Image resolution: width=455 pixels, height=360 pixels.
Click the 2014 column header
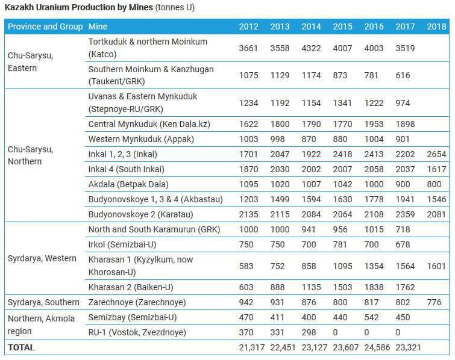click(x=311, y=26)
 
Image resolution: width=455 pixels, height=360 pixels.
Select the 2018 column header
click(x=436, y=26)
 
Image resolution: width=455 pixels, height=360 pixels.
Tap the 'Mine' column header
click(x=98, y=26)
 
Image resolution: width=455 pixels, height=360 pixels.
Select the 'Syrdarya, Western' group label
click(x=42, y=258)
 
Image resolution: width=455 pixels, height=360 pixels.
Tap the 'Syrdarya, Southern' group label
click(x=43, y=302)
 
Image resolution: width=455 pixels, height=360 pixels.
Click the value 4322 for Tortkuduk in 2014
click(x=311, y=48)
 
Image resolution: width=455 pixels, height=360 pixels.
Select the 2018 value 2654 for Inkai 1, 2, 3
click(x=436, y=154)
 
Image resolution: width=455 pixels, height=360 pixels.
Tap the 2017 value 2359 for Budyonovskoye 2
click(x=405, y=214)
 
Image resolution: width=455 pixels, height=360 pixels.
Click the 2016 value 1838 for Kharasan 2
click(x=374, y=287)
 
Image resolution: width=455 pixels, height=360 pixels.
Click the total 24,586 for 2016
click(x=374, y=347)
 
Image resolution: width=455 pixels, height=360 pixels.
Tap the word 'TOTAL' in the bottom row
click(x=21, y=347)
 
